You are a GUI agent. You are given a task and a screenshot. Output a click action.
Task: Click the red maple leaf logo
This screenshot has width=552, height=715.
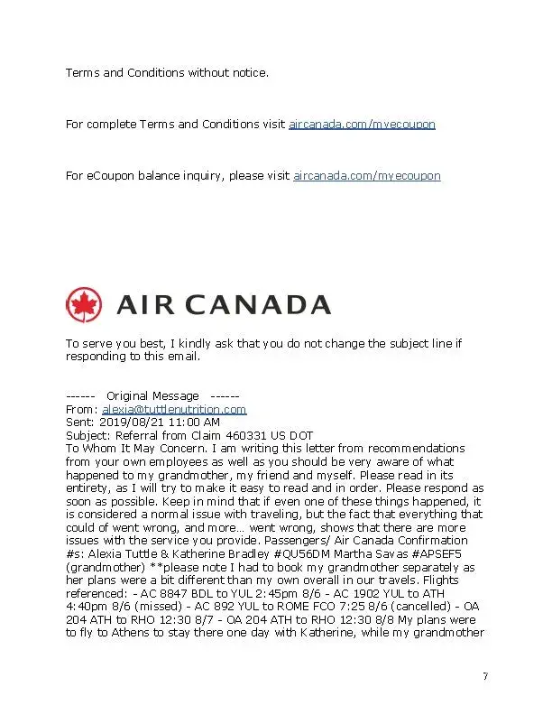tap(85, 304)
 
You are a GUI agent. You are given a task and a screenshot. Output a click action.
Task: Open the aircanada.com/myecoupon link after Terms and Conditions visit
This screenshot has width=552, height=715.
tap(362, 124)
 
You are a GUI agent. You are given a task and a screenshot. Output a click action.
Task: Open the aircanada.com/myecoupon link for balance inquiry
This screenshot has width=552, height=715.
tap(367, 175)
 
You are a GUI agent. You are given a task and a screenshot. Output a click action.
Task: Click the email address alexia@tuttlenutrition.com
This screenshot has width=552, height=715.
tap(174, 409)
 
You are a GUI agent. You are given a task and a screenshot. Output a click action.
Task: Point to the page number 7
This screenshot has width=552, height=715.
tap(485, 676)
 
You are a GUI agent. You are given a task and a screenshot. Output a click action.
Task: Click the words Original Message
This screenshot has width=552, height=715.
tap(152, 395)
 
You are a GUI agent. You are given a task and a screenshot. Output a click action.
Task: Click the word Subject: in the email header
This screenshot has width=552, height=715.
tap(88, 435)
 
